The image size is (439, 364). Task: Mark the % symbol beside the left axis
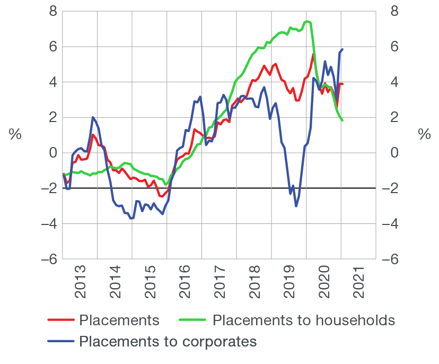(15, 134)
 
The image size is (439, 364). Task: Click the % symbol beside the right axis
(424, 134)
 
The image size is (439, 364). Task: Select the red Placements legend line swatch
(60, 320)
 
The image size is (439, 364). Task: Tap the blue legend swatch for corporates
(60, 341)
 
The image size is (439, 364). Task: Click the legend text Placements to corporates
(168, 341)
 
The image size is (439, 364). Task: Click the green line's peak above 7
(308, 21)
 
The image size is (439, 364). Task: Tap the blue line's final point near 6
(343, 49)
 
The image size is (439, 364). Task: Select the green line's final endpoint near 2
(343, 120)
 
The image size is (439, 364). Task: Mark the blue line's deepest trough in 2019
(296, 206)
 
